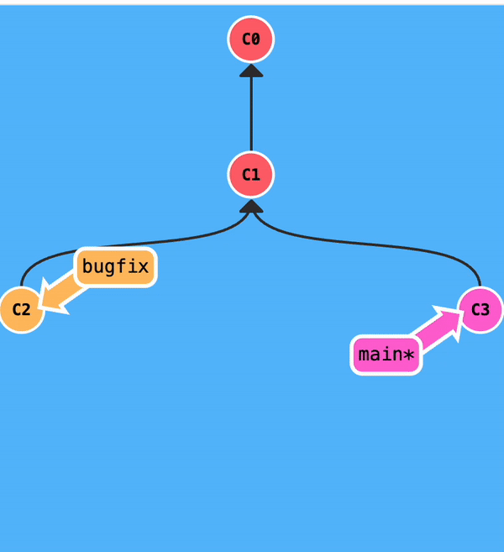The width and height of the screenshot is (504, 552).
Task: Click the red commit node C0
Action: point(251,39)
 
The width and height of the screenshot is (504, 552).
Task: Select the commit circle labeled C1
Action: point(251,175)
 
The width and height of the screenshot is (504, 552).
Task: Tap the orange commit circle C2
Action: point(21,309)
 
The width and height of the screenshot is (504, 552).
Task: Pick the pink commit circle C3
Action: point(480,309)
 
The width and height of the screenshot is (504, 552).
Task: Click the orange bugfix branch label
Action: point(116,268)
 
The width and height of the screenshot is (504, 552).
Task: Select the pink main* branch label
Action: point(386,355)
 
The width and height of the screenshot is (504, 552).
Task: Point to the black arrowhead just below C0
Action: point(251,70)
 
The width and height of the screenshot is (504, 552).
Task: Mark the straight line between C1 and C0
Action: point(251,113)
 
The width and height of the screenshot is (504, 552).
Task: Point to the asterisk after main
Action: point(408,355)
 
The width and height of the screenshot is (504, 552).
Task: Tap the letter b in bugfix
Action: point(87,268)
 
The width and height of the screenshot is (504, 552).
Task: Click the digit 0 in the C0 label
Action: point(256,39)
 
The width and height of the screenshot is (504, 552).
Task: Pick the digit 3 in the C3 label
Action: point(486,309)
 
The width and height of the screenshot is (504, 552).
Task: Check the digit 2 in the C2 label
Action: point(26,309)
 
